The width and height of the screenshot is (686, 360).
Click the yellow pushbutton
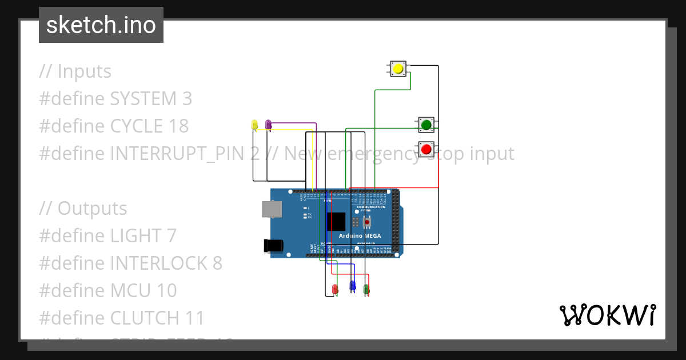click(x=398, y=69)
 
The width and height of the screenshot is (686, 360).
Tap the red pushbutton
click(x=426, y=149)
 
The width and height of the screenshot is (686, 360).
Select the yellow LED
click(x=254, y=124)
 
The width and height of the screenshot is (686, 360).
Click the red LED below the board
click(x=335, y=289)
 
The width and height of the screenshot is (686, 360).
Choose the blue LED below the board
click(x=353, y=285)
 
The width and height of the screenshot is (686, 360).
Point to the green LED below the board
click(x=366, y=289)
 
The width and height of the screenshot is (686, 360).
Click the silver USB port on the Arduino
click(x=271, y=209)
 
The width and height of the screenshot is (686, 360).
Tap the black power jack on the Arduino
click(x=273, y=245)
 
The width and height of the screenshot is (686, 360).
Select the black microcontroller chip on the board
click(x=336, y=222)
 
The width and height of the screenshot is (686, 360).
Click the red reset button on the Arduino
click(x=367, y=221)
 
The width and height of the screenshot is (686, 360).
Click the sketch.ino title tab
click(x=101, y=25)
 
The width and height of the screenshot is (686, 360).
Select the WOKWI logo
click(x=607, y=315)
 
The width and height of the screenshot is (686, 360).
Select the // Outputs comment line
click(x=83, y=208)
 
